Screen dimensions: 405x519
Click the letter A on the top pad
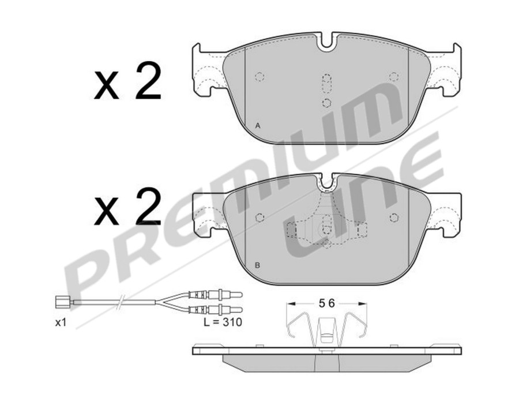[257, 125]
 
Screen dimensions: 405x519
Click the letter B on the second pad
[257, 266]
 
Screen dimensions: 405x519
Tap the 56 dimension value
[326, 302]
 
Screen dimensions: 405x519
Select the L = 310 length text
[222, 323]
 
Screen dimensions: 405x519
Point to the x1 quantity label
[61, 323]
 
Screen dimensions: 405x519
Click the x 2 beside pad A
[127, 84]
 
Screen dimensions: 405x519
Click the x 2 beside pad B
[127, 208]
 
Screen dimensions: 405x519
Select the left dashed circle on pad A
[259, 77]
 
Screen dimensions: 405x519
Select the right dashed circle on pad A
[394, 77]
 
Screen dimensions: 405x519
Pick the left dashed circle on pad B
[259, 217]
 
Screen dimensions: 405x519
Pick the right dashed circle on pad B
[394, 217]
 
